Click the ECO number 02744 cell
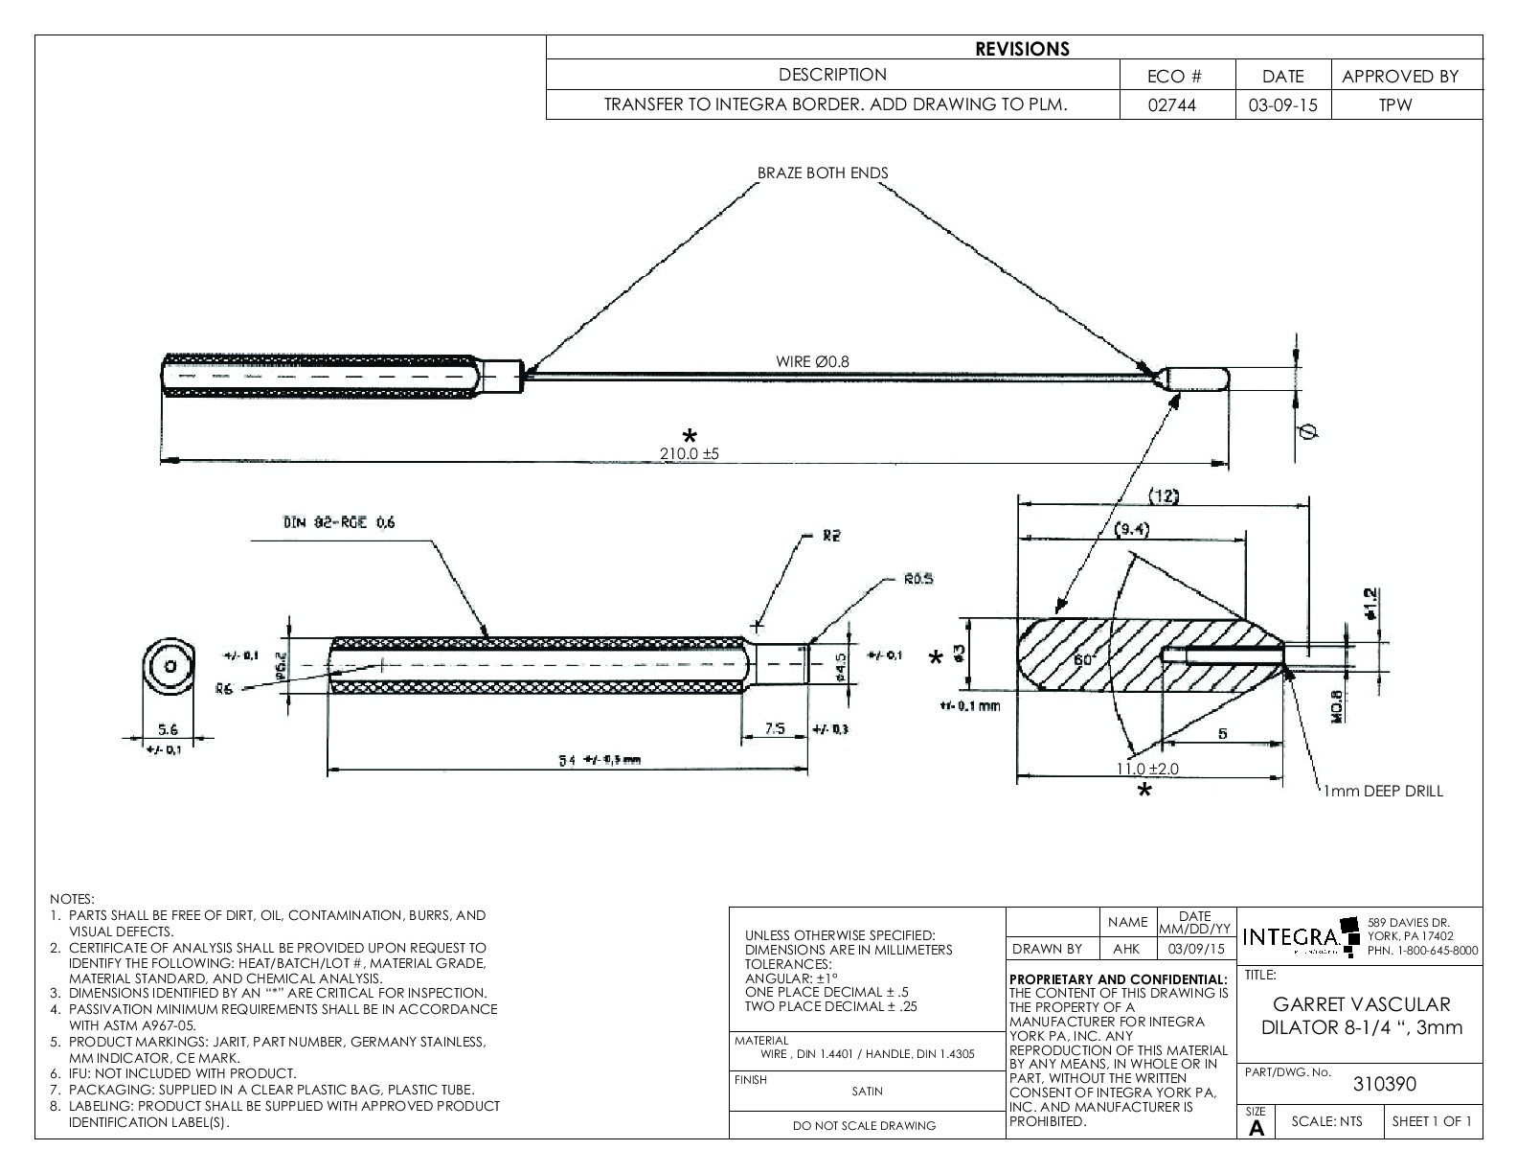tap(1177, 105)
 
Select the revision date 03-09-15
tap(1282, 105)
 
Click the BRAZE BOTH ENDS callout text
tap(823, 173)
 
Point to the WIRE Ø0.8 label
tap(812, 361)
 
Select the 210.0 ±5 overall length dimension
tap(690, 454)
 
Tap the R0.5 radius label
tap(917, 579)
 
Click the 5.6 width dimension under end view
tap(168, 729)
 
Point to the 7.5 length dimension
tap(776, 728)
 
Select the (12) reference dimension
tap(1163, 495)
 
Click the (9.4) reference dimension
tap(1133, 529)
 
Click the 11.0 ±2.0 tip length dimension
tap(1147, 769)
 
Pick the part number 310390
tap(1384, 1084)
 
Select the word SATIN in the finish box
tap(867, 1091)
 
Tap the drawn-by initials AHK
tap(1126, 949)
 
